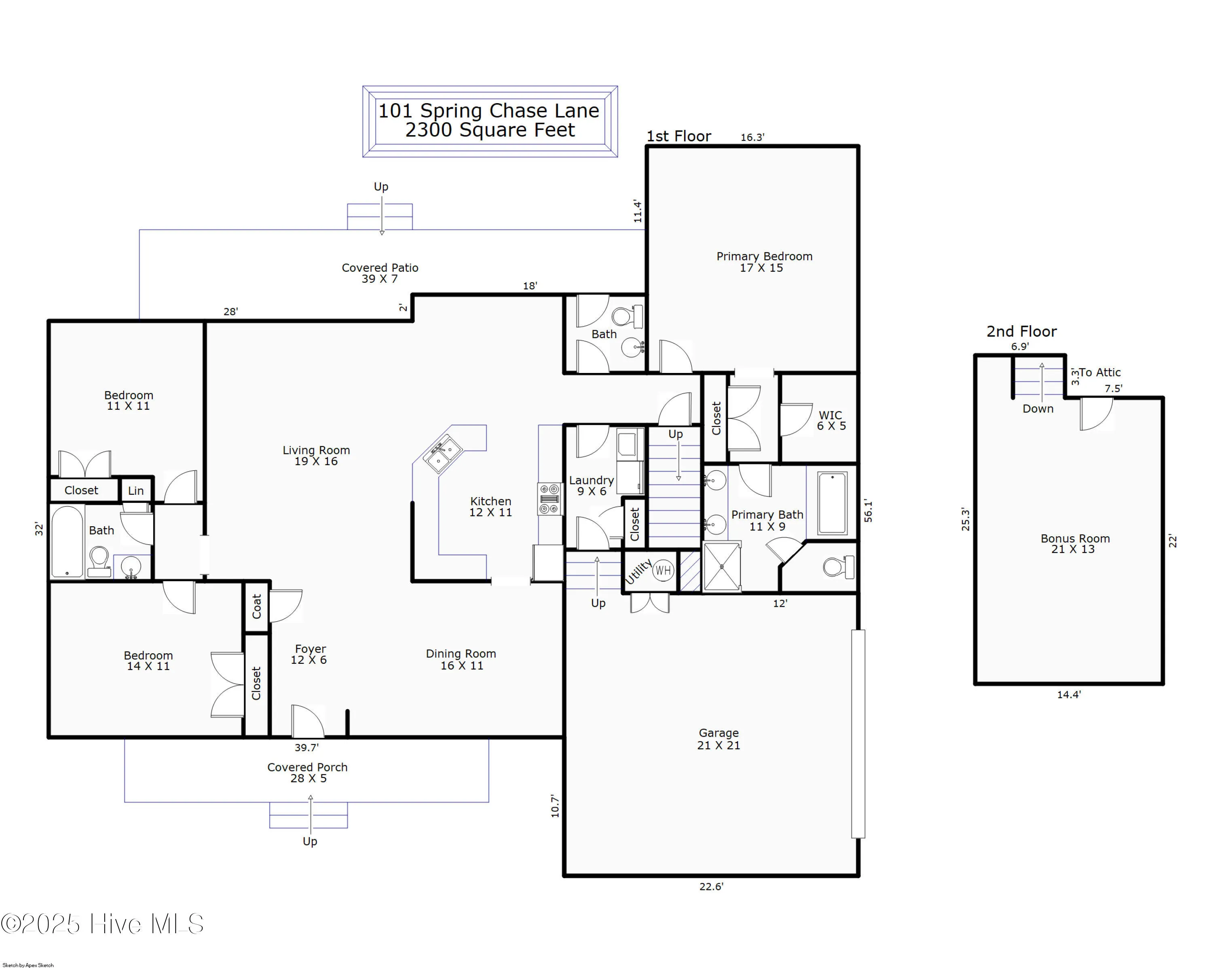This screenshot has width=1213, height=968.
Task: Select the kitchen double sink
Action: point(443,455)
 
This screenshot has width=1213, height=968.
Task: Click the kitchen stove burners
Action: point(549,499)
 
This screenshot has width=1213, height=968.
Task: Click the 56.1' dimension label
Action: point(868,511)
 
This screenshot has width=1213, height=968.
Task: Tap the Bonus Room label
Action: point(1075,544)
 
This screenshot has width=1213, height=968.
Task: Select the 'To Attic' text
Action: point(1100,373)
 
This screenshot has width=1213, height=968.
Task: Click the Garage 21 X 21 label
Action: point(719,739)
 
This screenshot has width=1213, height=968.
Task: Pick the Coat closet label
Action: point(257,607)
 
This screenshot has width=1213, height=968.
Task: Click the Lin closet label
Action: point(135,491)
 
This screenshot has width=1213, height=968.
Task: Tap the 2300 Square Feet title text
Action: point(490,130)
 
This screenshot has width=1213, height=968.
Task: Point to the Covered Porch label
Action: point(307,772)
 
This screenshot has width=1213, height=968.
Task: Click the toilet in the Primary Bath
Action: point(838,567)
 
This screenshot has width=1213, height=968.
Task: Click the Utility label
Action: point(638,572)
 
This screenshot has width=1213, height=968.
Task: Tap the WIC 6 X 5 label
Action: point(831,420)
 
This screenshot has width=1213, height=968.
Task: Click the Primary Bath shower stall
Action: point(721,567)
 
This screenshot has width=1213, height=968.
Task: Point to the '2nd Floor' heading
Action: point(1021,331)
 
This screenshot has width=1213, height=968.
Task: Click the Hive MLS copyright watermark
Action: point(102,924)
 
